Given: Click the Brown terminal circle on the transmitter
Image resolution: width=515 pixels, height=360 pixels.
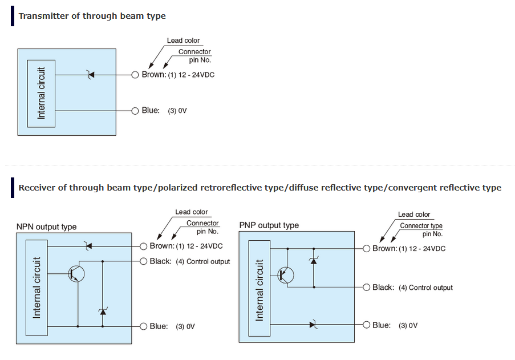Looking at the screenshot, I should click(x=135, y=75).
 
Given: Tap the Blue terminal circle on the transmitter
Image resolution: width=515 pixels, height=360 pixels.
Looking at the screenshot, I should click(x=135, y=111).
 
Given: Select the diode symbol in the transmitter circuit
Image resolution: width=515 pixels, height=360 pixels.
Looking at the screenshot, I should click(x=89, y=75).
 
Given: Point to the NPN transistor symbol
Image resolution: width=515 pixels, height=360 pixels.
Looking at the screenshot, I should click(x=76, y=273).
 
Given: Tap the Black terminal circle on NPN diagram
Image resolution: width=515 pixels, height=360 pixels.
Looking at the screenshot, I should click(x=143, y=261).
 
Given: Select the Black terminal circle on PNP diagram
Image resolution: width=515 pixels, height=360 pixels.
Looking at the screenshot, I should click(x=366, y=288).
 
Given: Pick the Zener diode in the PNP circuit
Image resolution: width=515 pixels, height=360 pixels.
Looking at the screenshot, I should click(x=313, y=260).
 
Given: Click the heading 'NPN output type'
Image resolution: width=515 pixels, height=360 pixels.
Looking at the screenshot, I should click(x=46, y=227).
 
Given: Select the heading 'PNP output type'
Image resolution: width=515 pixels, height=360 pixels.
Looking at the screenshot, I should click(x=269, y=225).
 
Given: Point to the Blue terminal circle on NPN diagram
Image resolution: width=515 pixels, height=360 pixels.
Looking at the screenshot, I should click(x=143, y=326).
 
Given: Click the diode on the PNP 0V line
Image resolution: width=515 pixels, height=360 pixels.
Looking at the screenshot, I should click(x=313, y=325).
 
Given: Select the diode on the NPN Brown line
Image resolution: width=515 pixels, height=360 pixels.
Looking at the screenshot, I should click(x=87, y=246).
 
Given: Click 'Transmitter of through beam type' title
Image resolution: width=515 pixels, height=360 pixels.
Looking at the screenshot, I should click(x=92, y=16).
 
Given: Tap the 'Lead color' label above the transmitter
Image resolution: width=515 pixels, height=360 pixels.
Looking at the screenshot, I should click(x=183, y=41).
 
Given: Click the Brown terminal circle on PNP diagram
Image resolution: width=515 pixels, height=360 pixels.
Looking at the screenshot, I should click(x=366, y=249).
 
